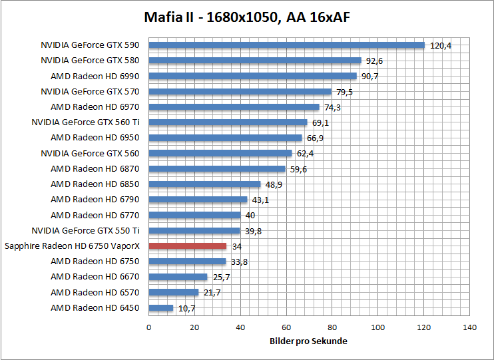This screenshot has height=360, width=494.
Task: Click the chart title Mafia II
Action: (x=247, y=17)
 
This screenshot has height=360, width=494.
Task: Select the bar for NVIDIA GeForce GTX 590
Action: (x=286, y=45)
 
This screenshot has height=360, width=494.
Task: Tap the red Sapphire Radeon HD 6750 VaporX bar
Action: (x=187, y=246)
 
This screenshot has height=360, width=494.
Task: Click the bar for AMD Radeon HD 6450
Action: (x=160, y=307)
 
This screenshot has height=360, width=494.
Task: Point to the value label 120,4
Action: (x=441, y=46)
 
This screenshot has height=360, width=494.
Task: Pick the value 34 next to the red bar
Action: (x=237, y=246)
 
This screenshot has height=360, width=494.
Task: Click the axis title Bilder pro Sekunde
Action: (x=308, y=341)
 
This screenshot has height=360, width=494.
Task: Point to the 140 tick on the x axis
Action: (x=469, y=327)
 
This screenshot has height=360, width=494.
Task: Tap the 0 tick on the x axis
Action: (x=148, y=327)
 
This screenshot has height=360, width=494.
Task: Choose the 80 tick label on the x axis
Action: (x=332, y=327)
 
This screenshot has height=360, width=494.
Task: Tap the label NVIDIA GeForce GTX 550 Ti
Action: (x=86, y=230)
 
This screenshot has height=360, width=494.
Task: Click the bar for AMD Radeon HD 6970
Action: (x=234, y=107)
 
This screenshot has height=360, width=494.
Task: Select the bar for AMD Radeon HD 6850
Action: (x=204, y=184)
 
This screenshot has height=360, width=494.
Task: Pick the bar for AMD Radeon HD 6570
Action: (x=173, y=292)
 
